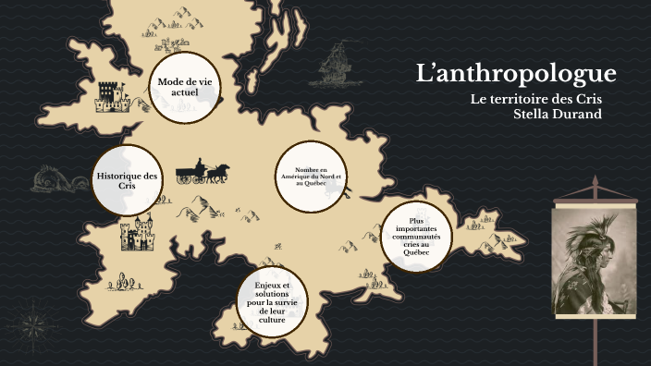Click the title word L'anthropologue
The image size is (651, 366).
click(x=516, y=75)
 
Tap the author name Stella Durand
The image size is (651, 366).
click(x=557, y=114)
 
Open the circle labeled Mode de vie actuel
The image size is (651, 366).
click(x=185, y=87)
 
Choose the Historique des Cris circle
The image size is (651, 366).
click(x=127, y=180)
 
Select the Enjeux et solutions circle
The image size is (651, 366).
click(x=272, y=301)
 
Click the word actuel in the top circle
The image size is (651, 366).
click(x=185, y=92)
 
